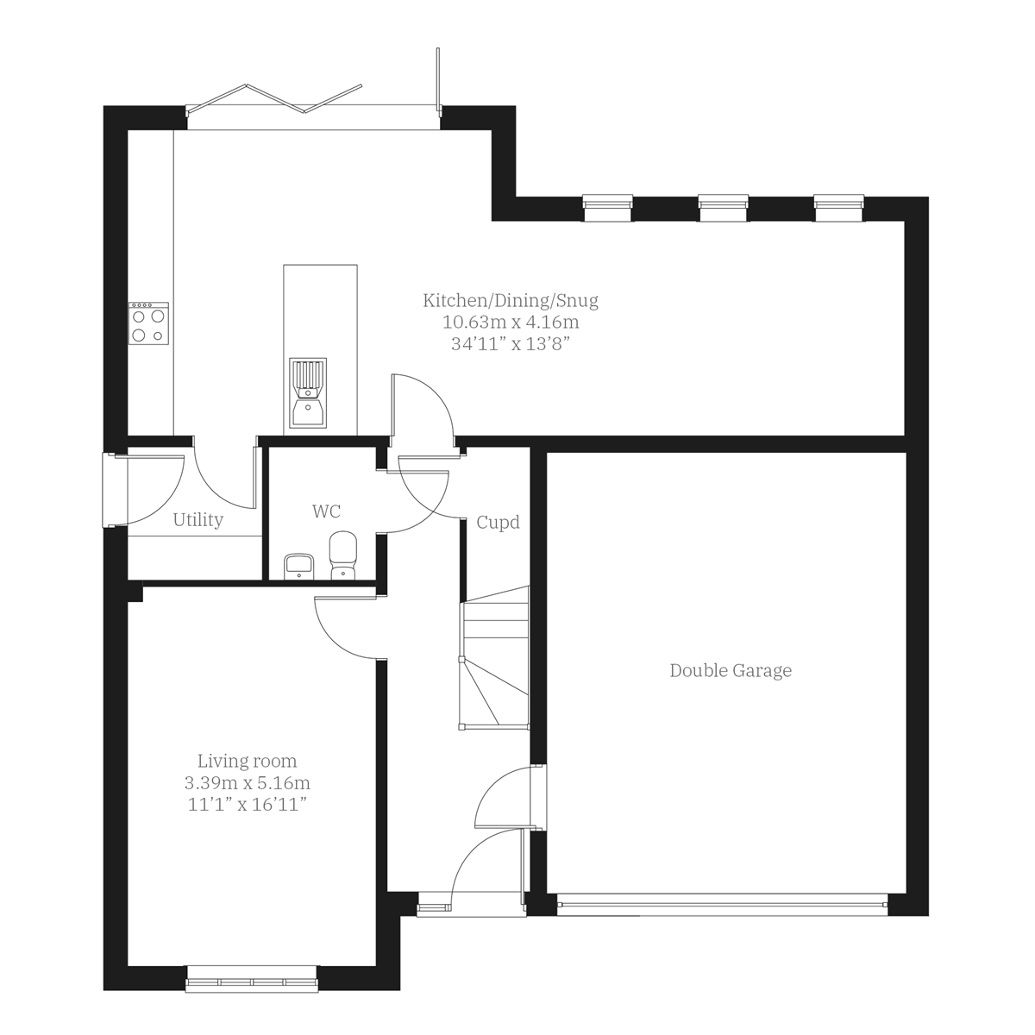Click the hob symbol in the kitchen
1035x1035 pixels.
pos(148,323)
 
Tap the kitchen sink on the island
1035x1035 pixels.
pos(308,393)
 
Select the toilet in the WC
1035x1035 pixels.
pos(343,554)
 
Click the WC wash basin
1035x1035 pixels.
pos(298,566)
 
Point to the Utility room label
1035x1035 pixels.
pos(198,520)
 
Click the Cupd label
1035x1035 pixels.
pos(498,523)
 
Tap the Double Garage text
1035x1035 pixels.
pos(730,671)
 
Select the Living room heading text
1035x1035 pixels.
pos(247,762)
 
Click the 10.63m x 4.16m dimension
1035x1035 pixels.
pos(510,323)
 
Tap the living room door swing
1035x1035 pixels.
pos(347,627)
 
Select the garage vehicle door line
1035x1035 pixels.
pos(722,903)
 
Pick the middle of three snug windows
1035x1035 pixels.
pos(723,203)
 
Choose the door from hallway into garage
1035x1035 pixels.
pos(507,799)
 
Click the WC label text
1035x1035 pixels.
pos(326,512)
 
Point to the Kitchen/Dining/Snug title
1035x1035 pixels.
pos(510,301)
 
